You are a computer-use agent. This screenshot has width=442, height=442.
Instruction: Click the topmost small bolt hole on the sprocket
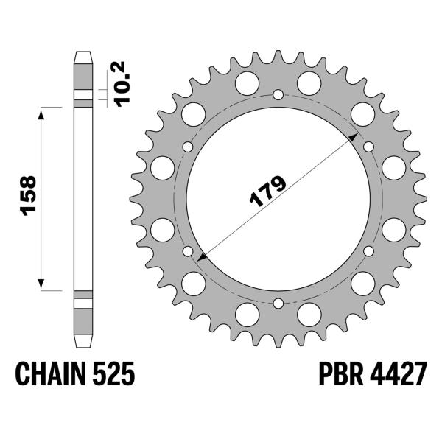[x=278, y=94]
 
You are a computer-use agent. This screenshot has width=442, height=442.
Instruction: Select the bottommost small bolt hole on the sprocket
[x=278, y=304]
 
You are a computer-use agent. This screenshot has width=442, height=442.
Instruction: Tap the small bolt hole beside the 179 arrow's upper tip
[x=368, y=147]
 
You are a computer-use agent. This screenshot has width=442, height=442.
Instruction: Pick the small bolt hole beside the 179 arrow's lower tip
[x=188, y=251]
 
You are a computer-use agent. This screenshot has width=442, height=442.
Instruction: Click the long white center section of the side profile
[x=83, y=199]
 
